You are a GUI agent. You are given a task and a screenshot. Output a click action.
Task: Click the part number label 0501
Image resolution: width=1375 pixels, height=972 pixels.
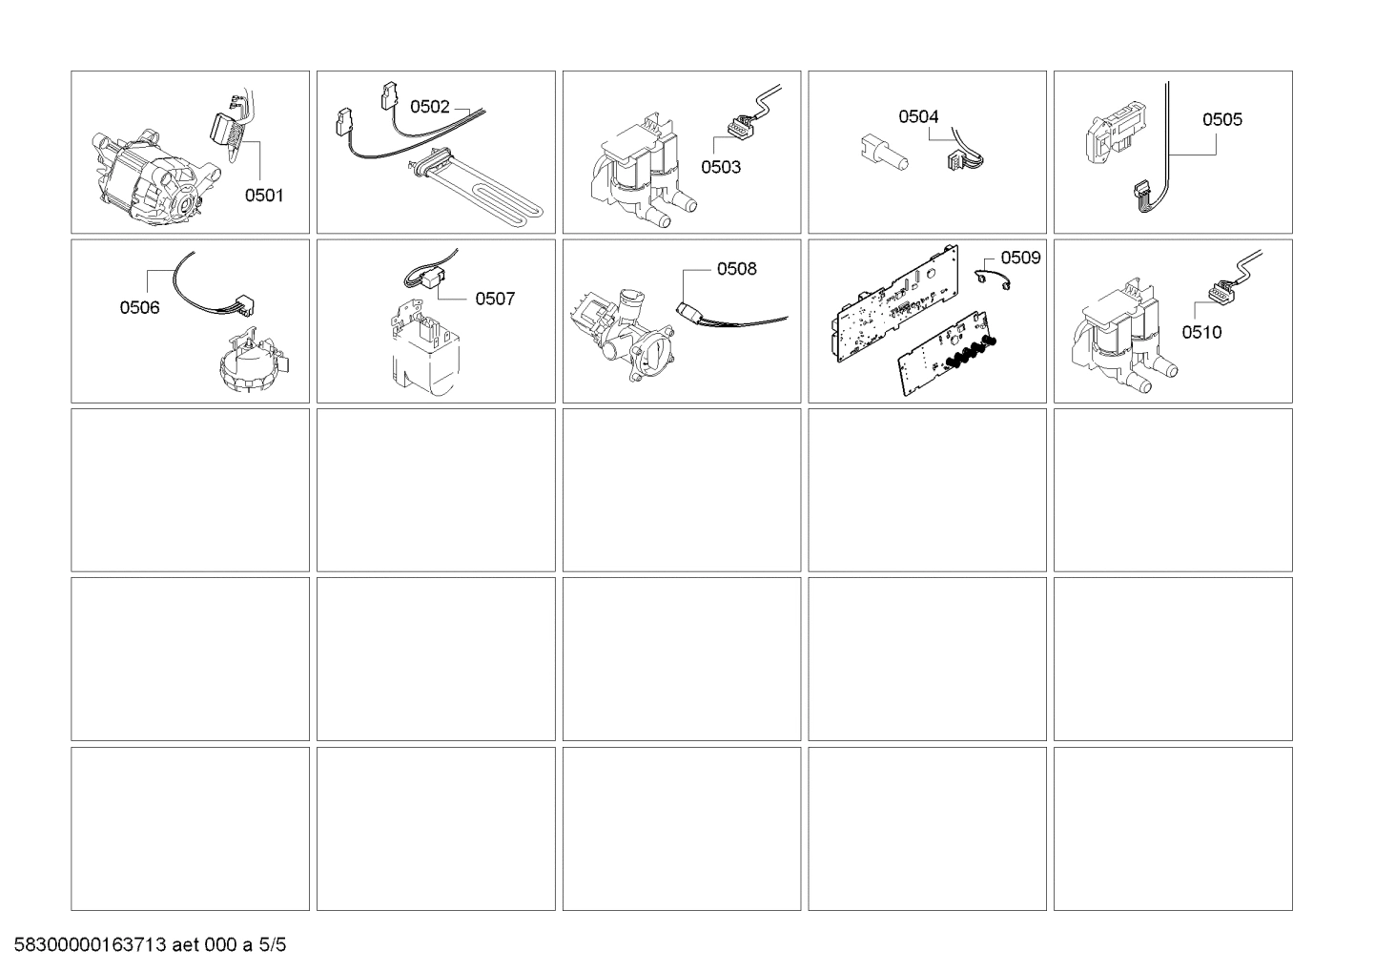point(264,196)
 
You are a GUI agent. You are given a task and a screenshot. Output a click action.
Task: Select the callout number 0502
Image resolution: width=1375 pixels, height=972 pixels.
point(429,107)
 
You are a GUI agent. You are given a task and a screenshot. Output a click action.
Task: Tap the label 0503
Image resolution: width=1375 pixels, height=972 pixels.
point(721,167)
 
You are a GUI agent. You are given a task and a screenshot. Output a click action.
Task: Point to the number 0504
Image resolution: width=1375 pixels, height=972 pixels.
point(918,116)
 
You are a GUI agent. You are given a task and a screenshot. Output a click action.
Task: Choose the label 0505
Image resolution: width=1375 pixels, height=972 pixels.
point(1221,119)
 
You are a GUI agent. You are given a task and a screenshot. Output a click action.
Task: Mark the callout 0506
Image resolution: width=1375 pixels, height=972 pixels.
point(139,307)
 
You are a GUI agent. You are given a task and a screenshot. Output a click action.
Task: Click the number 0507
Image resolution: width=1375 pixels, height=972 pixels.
point(495,299)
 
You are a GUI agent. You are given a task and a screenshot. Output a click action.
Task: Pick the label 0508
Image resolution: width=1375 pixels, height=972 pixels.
point(736,269)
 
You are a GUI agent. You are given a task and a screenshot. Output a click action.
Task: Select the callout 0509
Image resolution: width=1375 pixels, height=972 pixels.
point(1020,258)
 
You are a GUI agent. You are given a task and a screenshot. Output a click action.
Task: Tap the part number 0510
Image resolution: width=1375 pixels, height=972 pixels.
point(1201,332)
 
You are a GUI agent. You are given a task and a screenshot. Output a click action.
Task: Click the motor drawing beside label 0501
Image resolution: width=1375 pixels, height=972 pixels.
point(153,176)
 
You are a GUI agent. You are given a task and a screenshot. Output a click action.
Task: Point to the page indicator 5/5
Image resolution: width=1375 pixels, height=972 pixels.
point(273,946)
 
